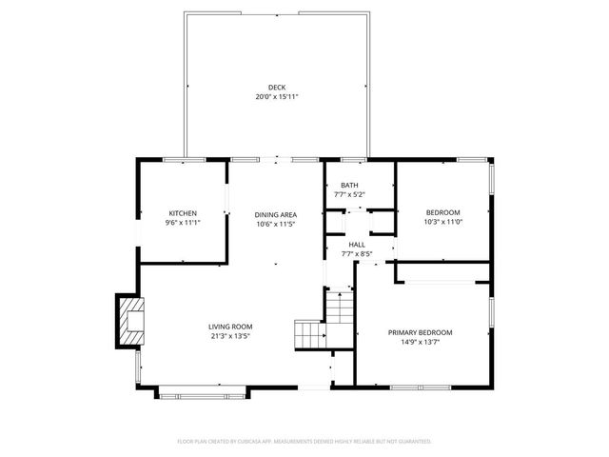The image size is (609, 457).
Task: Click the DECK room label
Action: tap(276, 88)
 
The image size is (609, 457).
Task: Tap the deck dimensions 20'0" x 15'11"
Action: tap(276, 97)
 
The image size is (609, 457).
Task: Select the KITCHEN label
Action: tap(183, 212)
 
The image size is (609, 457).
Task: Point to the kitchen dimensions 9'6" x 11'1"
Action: tap(183, 222)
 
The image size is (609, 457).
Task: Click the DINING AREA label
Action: tap(276, 214)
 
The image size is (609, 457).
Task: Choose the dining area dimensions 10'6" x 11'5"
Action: tap(276, 224)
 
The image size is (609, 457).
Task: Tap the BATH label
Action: tap(349, 185)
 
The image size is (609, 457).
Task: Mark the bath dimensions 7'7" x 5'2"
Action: tap(349, 194)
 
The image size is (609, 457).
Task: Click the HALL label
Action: tap(356, 245)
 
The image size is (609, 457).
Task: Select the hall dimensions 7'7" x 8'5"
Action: tap(356, 254)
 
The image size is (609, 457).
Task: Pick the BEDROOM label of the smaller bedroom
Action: tap(442, 212)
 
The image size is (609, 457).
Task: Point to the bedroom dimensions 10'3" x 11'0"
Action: tap(442, 222)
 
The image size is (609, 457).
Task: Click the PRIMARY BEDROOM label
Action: tap(420, 332)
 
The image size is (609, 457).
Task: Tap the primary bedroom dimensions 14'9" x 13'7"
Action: tap(420, 342)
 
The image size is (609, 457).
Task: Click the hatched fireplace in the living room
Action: tap(129, 321)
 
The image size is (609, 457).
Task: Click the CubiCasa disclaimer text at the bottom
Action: tap(304, 442)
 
